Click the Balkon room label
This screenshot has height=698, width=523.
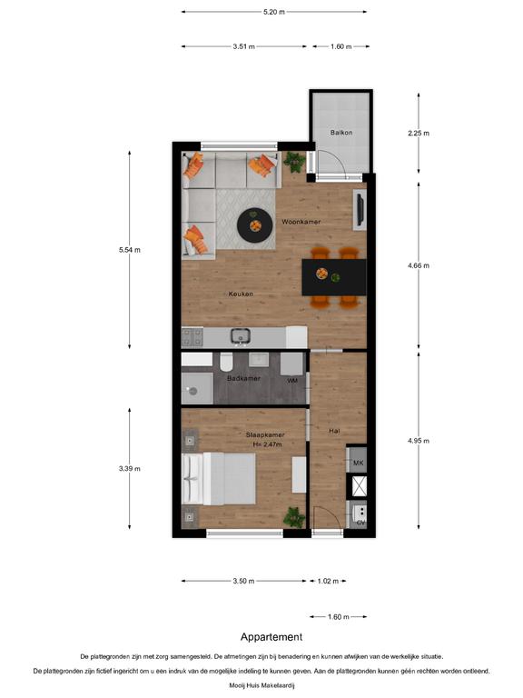tap(341, 133)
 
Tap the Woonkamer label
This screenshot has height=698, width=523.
tap(301, 222)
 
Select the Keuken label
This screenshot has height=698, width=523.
tap(241, 294)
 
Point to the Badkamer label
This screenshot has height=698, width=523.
tap(243, 378)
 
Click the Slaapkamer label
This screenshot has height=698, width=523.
tap(265, 435)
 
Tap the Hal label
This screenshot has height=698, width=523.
tap(334, 431)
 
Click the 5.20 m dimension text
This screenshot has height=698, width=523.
tap(274, 12)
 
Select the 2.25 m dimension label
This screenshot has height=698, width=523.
tap(419, 133)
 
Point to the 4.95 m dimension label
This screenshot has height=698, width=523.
tap(419, 441)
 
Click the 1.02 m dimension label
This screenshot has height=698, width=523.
tap(328, 581)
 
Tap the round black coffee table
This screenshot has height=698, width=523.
tap(255, 225)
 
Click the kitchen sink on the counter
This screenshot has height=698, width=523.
tap(240, 336)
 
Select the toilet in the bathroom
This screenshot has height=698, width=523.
tap(226, 362)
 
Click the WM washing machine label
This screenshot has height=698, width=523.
tap(292, 381)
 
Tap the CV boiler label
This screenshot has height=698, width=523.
tap(360, 523)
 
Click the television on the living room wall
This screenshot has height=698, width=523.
tap(360, 210)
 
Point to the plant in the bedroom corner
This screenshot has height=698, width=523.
tap(294, 517)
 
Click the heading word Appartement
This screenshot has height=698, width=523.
tap(271, 637)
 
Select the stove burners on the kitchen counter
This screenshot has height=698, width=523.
tap(192, 337)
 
